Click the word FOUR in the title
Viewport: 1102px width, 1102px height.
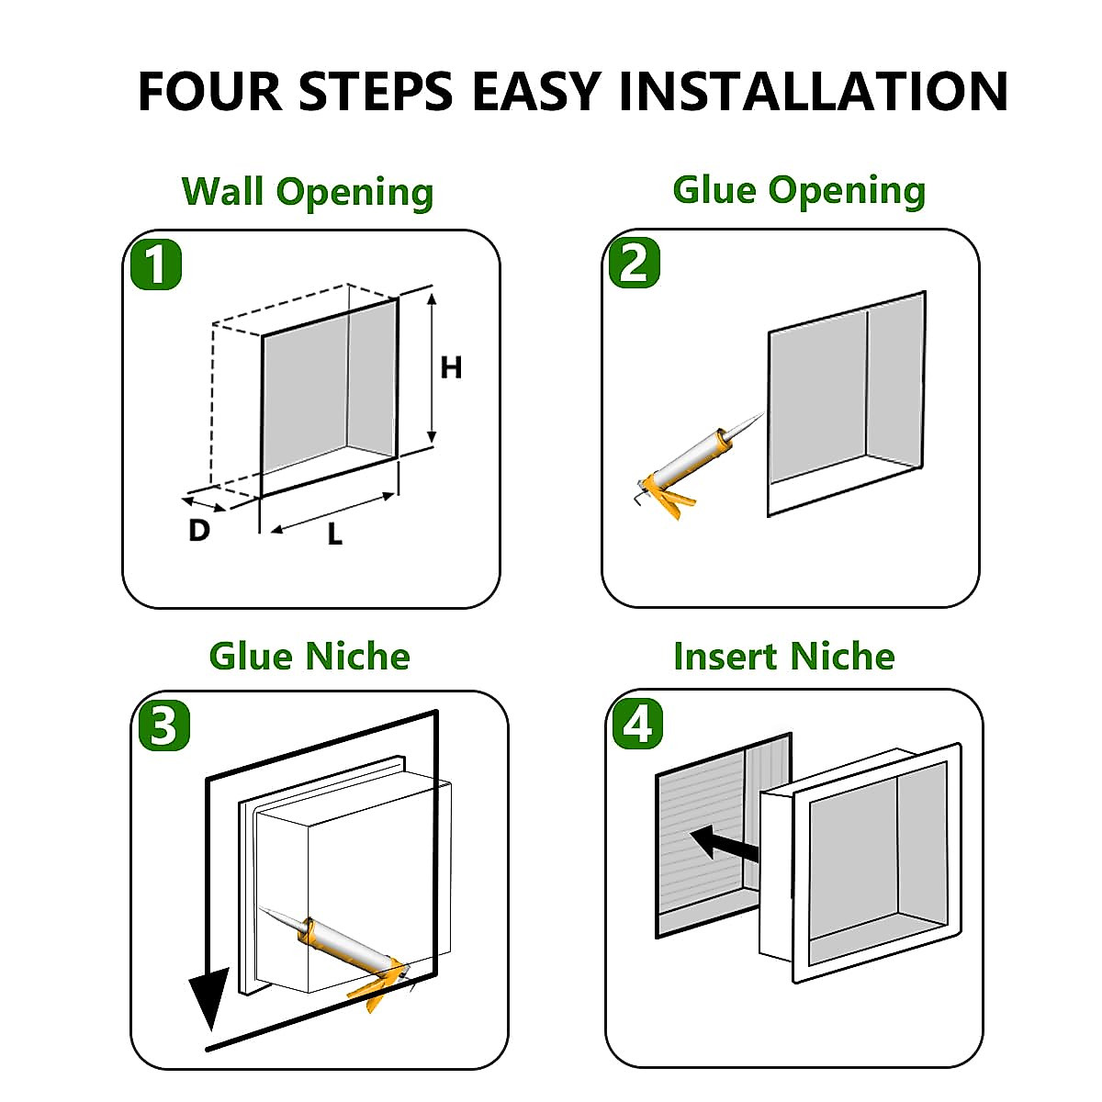[210, 91]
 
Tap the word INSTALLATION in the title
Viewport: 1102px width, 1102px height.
[814, 91]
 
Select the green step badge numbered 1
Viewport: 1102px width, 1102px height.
[156, 264]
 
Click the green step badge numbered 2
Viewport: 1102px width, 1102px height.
[635, 263]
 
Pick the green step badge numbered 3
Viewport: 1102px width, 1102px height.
[163, 725]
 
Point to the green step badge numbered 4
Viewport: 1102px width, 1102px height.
[637, 724]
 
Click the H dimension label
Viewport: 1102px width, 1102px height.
[451, 367]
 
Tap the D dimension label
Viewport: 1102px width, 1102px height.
[199, 530]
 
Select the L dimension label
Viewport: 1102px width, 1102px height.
[335, 534]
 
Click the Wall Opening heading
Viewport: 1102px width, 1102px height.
[308, 192]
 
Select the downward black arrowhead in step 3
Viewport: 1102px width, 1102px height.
[209, 998]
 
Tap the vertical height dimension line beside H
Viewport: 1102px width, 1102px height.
[432, 368]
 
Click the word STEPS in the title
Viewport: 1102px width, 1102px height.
[376, 91]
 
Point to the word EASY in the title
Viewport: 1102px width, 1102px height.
[536, 91]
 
